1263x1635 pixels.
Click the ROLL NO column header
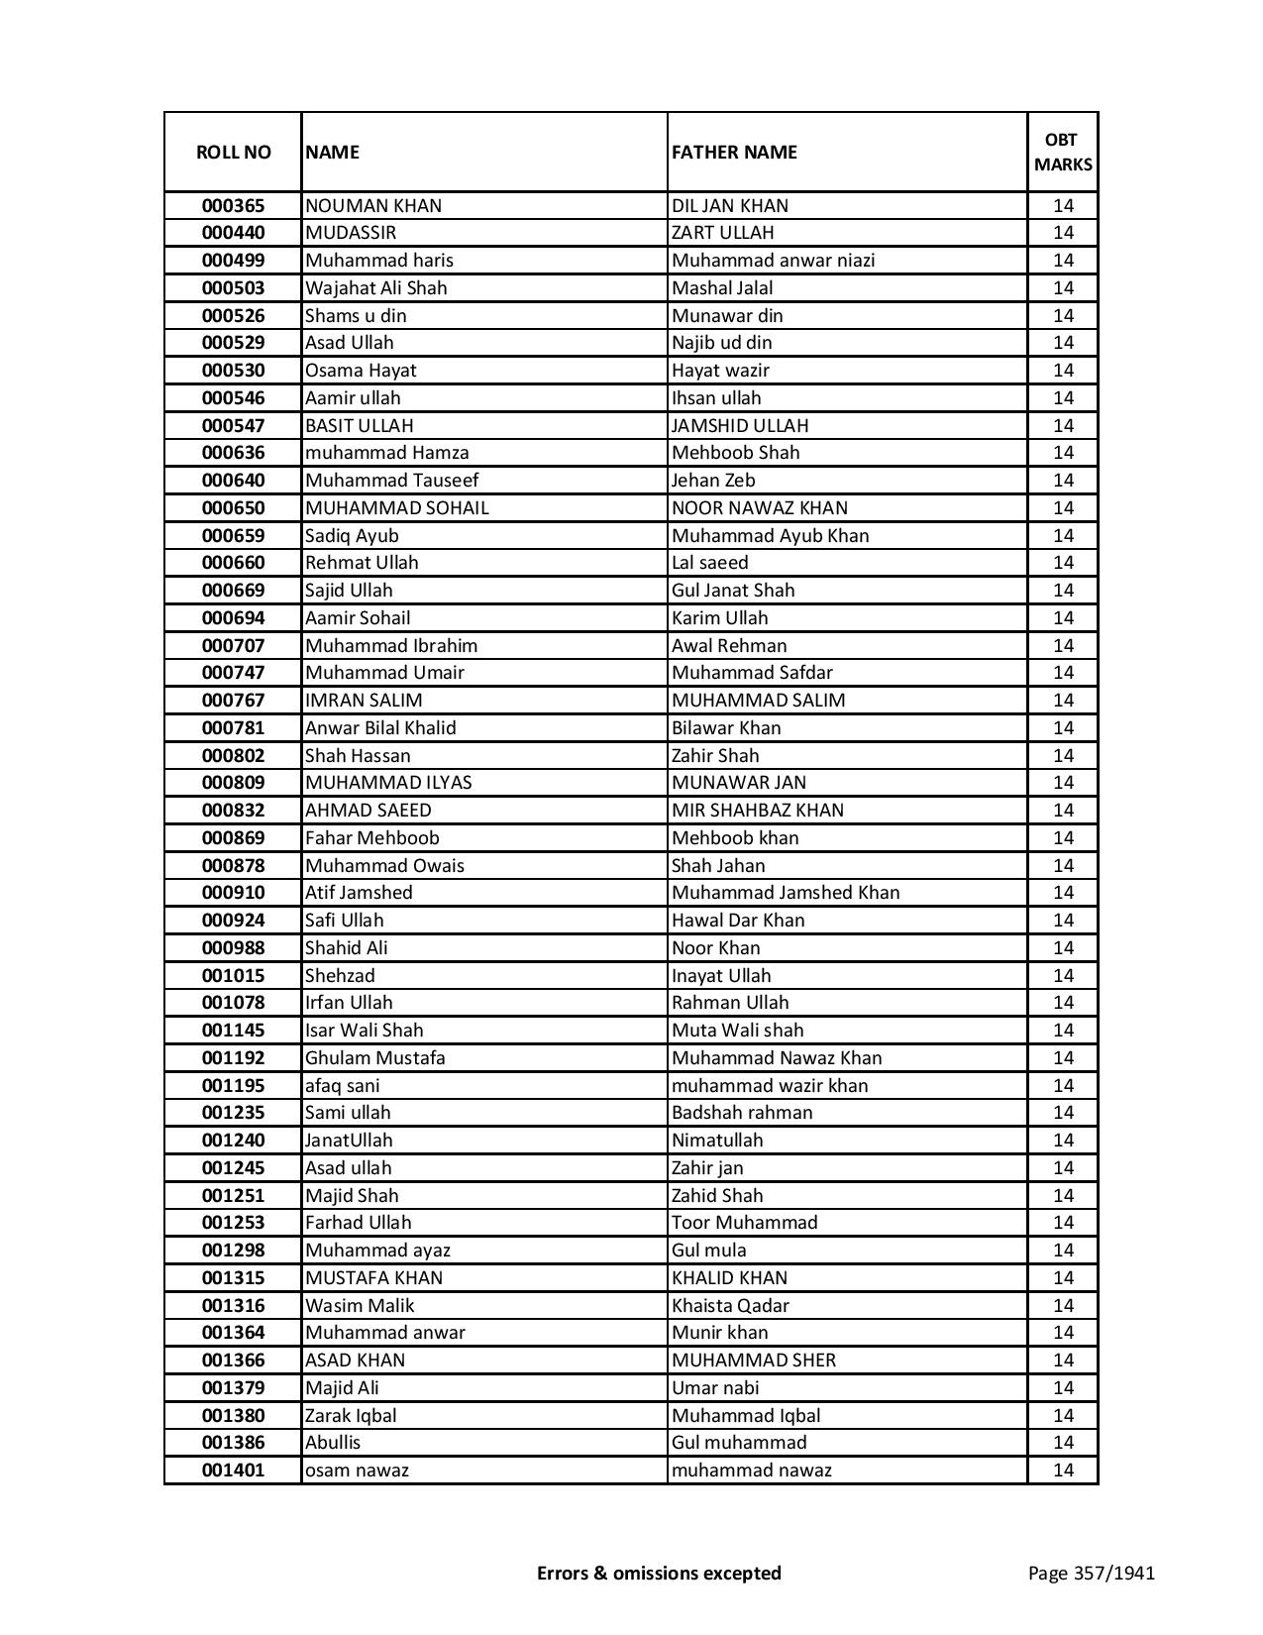(x=233, y=152)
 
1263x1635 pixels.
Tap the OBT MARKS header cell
(x=1063, y=152)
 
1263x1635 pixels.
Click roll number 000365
(x=233, y=206)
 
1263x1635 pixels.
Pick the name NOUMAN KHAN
(x=373, y=206)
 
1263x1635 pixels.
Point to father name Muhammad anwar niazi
(x=773, y=261)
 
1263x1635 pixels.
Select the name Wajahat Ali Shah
(x=376, y=288)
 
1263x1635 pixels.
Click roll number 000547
(x=233, y=426)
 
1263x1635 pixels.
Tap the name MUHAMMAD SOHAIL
(x=396, y=508)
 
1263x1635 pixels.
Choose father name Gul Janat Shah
(x=733, y=591)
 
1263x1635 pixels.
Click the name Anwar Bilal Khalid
(x=380, y=728)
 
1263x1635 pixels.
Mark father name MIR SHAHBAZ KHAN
(x=758, y=811)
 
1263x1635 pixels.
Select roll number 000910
(x=233, y=893)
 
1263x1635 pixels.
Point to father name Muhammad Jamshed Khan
(x=786, y=893)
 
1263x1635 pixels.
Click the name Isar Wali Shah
(x=364, y=1031)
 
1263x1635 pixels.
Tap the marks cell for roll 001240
(x=1063, y=1141)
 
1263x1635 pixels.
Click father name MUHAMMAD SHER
(x=753, y=1361)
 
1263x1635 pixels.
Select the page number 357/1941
(x=1091, y=1573)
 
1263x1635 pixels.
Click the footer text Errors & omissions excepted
(x=659, y=1573)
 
